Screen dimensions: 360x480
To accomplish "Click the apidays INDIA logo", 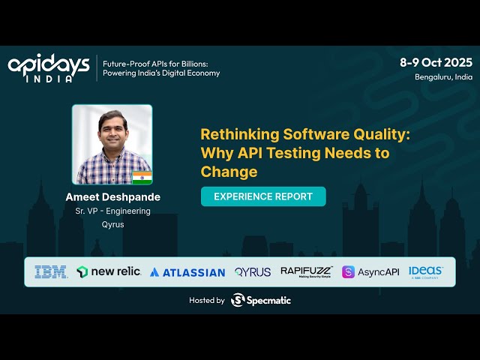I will [49, 67].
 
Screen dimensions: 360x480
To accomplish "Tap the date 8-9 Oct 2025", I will [436, 62].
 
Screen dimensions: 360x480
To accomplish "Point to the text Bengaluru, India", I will [443, 76].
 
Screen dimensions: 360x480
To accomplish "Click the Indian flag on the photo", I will [142, 177].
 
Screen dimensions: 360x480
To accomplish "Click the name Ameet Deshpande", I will [112, 197].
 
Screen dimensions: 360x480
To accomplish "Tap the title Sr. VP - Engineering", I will [112, 211].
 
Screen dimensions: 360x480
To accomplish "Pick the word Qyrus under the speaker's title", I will [112, 224].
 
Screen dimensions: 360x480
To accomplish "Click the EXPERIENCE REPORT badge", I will [262, 196].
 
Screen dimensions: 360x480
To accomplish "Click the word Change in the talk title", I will [229, 172].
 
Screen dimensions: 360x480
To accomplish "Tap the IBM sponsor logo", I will [51, 271].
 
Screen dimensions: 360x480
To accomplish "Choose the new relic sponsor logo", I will [109, 271].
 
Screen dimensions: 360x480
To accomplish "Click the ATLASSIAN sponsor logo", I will [187, 272].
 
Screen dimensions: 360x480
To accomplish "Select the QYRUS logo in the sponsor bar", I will [253, 271].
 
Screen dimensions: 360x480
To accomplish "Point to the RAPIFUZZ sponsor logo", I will [306, 271].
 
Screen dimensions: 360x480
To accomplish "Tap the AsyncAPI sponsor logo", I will [370, 271].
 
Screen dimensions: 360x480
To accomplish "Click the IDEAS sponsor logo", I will [425, 271].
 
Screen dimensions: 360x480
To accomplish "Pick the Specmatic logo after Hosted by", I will [261, 300].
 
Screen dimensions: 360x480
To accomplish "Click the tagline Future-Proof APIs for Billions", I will [161, 63].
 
